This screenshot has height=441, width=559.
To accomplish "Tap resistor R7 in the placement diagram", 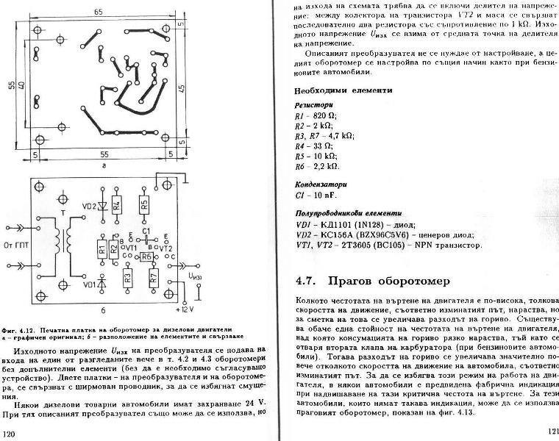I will (153, 278).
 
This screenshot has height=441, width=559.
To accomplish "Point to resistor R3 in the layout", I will (128, 278).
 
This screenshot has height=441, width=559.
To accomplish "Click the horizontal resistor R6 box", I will (146, 257).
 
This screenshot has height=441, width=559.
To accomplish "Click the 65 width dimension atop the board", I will (98, 12).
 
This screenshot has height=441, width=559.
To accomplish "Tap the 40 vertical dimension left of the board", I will (23, 86).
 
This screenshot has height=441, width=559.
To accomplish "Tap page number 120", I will (10, 434).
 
